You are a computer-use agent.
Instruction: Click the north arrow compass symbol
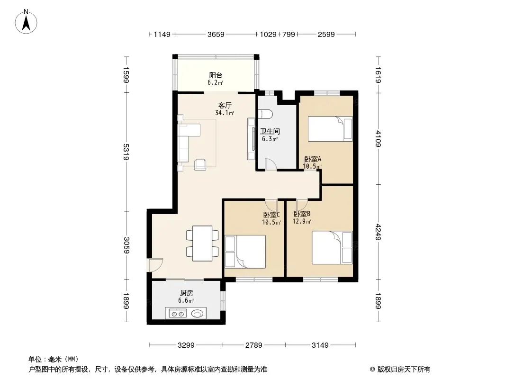coord(26,22)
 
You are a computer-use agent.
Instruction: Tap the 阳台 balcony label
coord(216,75)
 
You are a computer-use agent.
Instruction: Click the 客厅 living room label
coord(225,106)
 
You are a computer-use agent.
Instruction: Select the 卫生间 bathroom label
coord(270,131)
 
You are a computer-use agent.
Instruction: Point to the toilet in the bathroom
coord(266,114)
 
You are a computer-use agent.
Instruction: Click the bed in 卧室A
coord(330,129)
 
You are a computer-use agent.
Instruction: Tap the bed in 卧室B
coord(333,247)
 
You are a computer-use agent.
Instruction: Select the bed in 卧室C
coord(245,252)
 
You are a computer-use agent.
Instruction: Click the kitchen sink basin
coord(198,313)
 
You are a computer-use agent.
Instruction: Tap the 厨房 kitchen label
coord(187,293)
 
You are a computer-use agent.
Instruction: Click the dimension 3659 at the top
coord(216,34)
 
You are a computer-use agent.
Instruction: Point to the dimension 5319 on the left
coord(126,152)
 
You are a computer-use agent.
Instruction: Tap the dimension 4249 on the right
coord(378,232)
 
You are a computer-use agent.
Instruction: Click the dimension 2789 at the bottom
coord(254,345)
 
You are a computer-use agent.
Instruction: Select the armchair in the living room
coord(200,164)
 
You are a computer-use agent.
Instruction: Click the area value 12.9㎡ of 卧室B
coord(302,222)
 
